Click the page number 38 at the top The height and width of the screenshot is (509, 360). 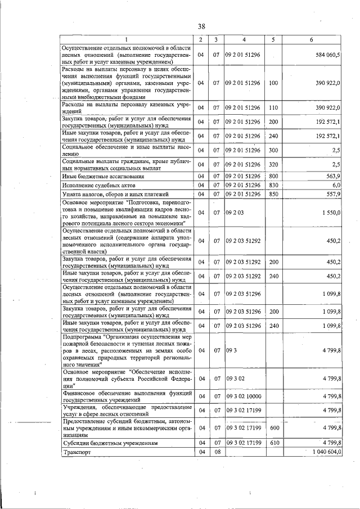[201, 26]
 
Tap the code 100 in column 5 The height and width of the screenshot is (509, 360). [273, 83]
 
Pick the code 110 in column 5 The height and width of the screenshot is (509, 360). [273, 107]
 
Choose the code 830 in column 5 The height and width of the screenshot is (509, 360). [273, 185]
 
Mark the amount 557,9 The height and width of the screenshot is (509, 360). [334, 194]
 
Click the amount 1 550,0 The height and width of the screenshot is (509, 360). [330, 213]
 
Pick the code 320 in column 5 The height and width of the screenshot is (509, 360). [273, 164]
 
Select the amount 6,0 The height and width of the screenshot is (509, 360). [336, 185]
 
